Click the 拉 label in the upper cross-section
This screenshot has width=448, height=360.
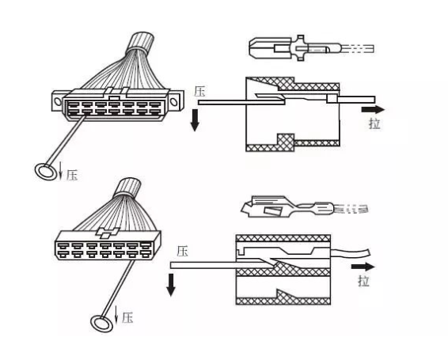pos(374,123)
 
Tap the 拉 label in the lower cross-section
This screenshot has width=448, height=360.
pos(363,281)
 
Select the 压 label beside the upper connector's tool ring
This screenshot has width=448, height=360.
pos(72,175)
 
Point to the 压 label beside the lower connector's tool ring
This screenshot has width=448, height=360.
pos(127,317)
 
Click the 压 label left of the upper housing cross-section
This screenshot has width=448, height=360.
pos(199,92)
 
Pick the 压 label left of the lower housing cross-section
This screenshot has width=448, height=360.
pos(182,252)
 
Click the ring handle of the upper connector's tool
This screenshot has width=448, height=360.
pos(46,172)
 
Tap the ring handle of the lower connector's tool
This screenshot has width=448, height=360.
pos(101,324)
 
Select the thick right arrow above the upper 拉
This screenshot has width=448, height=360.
pos(373,109)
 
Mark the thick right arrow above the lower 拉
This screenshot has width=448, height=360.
pos(363,267)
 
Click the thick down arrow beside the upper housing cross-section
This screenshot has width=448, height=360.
pos(195,120)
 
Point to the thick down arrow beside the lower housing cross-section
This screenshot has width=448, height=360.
pos(171,285)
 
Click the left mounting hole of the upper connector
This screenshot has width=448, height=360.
pos(58,101)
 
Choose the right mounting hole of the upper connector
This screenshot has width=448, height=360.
pos(173,101)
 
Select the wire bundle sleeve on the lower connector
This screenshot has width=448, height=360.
pos(127,188)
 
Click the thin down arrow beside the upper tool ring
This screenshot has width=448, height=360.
pos(60,170)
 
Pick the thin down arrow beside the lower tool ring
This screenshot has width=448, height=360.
pos(116,314)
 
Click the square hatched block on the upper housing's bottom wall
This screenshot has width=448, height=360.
pos(286,142)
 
